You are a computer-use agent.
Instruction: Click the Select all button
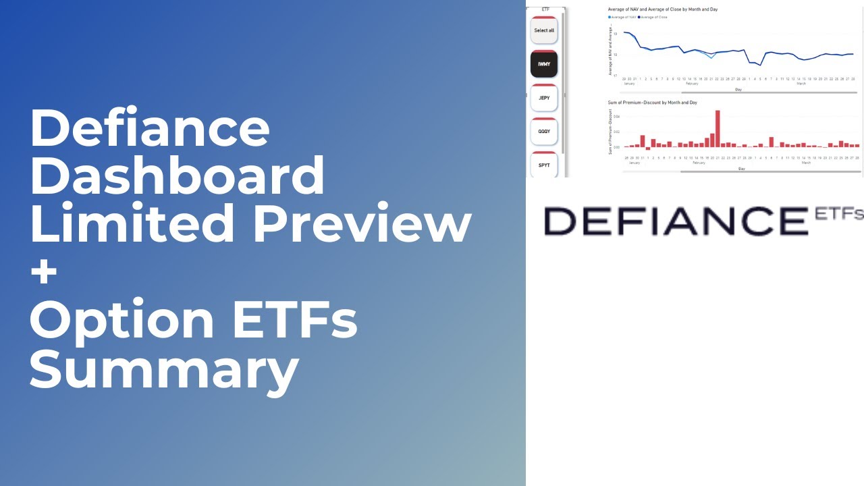pos(544,31)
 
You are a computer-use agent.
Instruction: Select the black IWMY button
pos(544,64)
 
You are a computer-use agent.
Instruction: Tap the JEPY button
pos(544,98)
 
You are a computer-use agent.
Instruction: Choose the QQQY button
pos(544,132)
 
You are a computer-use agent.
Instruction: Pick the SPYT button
pos(544,165)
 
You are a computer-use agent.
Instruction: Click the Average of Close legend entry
pos(653,17)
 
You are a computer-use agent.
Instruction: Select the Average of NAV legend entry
pos(624,17)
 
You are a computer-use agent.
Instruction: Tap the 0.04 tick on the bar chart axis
pos(616,117)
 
